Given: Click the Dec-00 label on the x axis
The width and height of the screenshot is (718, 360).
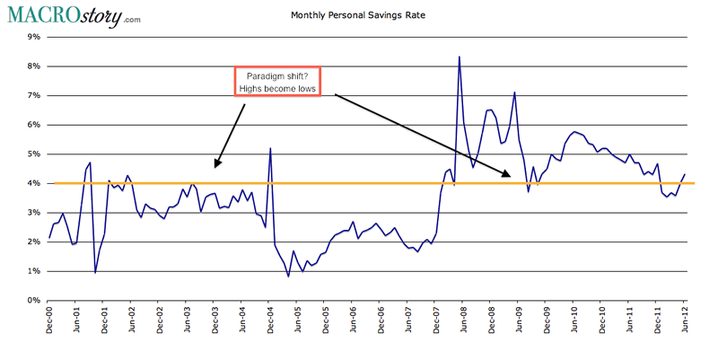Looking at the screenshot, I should point(50,325).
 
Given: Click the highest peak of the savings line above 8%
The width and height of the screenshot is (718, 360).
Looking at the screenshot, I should point(460,57).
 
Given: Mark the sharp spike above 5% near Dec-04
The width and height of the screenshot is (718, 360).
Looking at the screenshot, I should point(270,149).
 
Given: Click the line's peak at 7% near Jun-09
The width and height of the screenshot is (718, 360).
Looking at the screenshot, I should point(514,92).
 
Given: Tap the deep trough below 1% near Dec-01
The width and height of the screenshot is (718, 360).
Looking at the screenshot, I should point(95,272).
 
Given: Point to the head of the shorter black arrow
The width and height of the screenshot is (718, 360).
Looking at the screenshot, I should point(215,167).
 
